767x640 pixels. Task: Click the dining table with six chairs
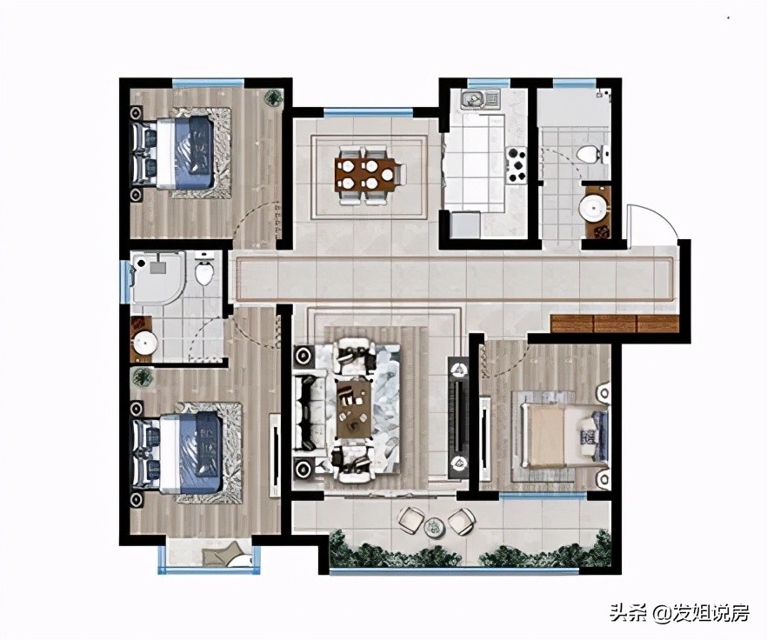(x=370, y=175)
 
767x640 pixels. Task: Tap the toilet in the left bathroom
(x=205, y=268)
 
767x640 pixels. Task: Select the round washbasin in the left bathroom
(x=144, y=343)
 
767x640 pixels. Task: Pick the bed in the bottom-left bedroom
(x=177, y=452)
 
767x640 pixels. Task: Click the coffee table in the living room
(x=354, y=409)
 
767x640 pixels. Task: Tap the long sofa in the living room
(x=310, y=410)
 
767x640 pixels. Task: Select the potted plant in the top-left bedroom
(x=273, y=97)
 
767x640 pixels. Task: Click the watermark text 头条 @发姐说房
(x=680, y=612)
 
